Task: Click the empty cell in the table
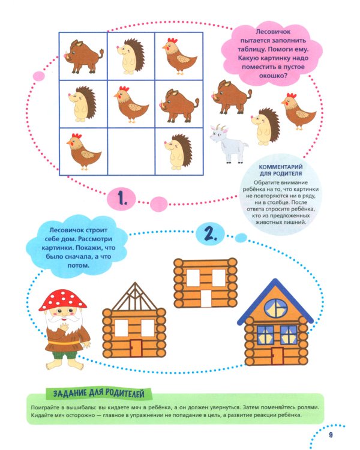(131, 151)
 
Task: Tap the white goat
(229, 144)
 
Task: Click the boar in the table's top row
(83, 56)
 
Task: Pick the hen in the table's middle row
(131, 104)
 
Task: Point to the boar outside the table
(232, 97)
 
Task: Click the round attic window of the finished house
(276, 308)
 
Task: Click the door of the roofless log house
(206, 298)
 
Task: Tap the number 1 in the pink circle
(122, 198)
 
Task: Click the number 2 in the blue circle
(211, 235)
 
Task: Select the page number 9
(331, 435)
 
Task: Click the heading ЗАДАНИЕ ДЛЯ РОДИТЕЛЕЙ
(99, 393)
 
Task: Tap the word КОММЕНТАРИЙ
(281, 167)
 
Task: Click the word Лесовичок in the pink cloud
(269, 32)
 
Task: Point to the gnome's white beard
(62, 322)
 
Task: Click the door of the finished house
(278, 355)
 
